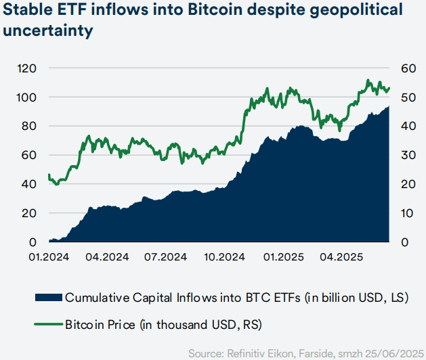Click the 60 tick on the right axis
pos(408,68)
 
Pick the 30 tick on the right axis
pos(408,155)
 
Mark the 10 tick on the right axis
pos(408,213)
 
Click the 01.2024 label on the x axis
pos(49,258)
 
